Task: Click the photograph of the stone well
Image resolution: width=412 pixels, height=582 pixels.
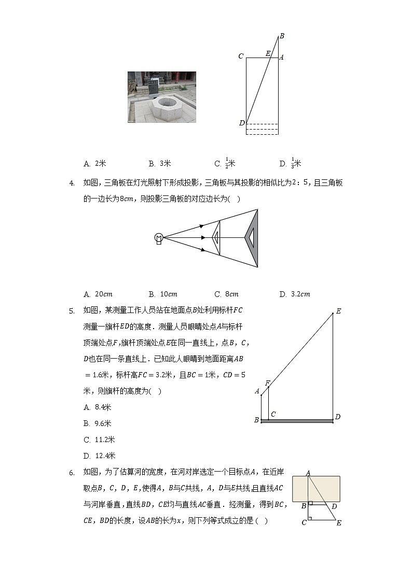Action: pyautogui.click(x=162, y=97)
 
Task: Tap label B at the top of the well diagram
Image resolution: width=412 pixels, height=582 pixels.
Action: pyautogui.click(x=282, y=36)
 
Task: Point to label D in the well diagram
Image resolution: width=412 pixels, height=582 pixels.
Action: pyautogui.click(x=241, y=123)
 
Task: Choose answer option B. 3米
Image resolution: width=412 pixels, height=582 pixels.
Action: pyautogui.click(x=160, y=163)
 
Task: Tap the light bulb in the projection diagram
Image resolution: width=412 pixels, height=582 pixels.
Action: pyautogui.click(x=159, y=237)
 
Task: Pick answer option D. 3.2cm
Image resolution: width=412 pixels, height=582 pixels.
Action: pyautogui.click(x=294, y=294)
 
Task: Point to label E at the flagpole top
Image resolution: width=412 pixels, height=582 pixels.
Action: pyautogui.click(x=338, y=311)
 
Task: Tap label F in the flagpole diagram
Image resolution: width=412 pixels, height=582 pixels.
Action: pyautogui.click(x=268, y=382)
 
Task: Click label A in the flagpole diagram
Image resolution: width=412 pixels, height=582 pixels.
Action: pyautogui.click(x=257, y=391)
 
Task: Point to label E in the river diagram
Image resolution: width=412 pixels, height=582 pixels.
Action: pyautogui.click(x=338, y=523)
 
